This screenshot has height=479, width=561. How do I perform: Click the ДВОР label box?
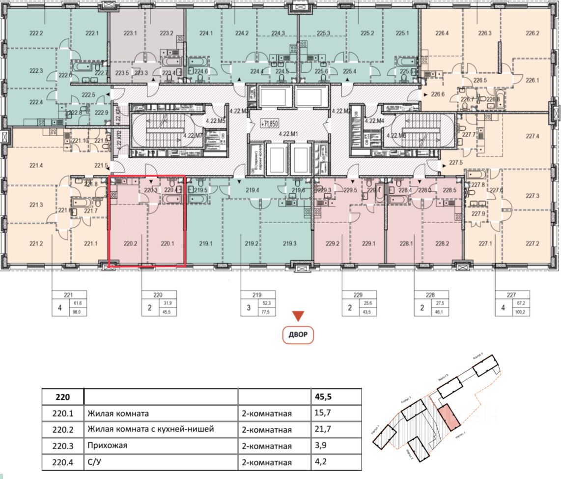298,335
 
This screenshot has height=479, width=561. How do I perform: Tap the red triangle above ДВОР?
298,316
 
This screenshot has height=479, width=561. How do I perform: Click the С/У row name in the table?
97,463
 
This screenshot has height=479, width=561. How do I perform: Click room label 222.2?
36,34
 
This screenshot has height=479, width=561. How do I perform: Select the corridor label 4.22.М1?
290,133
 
